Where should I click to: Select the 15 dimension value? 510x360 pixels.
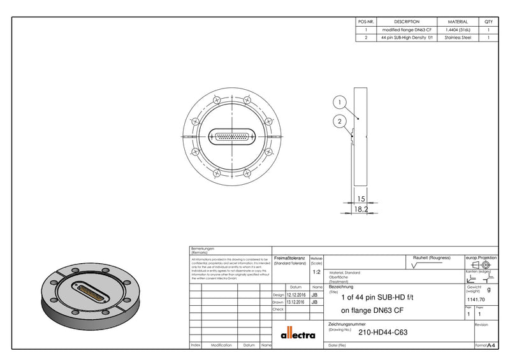coord(361,199)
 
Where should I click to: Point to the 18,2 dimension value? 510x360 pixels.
coord(361,208)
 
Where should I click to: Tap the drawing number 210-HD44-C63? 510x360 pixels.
coord(383,332)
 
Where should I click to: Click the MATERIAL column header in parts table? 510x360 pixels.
coord(458,22)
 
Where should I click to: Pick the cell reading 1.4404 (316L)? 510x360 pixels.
coord(458,30)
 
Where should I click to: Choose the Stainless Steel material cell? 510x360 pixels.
coord(458,38)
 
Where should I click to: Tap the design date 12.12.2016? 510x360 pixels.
coord(296,295)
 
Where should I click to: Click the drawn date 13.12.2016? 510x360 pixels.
coord(296,302)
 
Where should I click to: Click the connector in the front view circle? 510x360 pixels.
coord(233,136)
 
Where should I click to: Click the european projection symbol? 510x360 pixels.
coord(481,264)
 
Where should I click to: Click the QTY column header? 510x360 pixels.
coord(488,22)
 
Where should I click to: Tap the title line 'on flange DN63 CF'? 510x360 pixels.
coord(372,311)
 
